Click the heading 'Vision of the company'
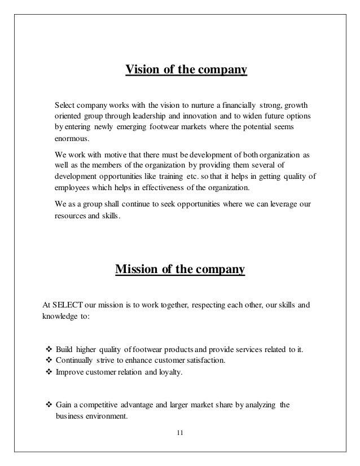[186, 71]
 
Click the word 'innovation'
[205, 116]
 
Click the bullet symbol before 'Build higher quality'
[47, 349]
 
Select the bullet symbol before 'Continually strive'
[47, 360]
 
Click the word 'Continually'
[73, 360]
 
